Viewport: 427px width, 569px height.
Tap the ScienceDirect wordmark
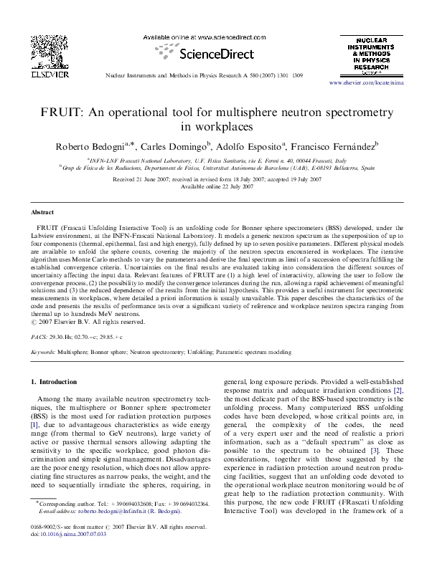[217, 54]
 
